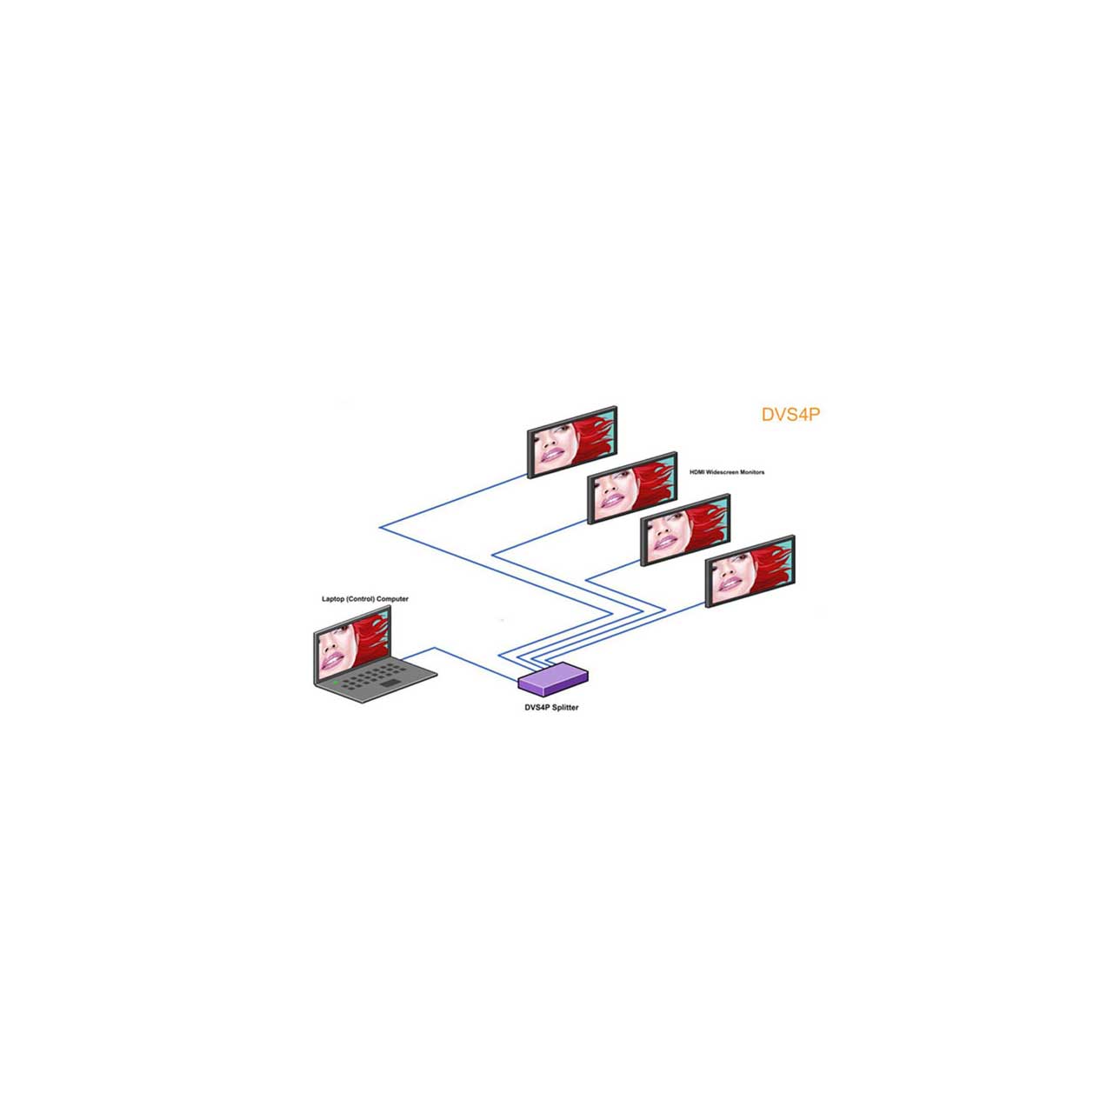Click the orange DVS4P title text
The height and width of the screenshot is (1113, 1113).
pyautogui.click(x=790, y=415)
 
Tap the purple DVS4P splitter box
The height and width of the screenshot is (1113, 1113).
pyautogui.click(x=553, y=679)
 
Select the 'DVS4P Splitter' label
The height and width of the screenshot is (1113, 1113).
pyautogui.click(x=551, y=708)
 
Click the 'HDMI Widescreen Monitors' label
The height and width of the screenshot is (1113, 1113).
pyautogui.click(x=727, y=472)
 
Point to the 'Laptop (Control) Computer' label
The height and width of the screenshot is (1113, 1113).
pyautogui.click(x=365, y=599)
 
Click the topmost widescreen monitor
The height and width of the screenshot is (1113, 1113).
pyautogui.click(x=572, y=443)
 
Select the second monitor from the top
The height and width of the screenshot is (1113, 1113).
pyautogui.click(x=632, y=488)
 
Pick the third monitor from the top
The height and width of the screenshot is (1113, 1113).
pyautogui.click(x=685, y=530)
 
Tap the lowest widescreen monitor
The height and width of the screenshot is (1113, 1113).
pyautogui.click(x=750, y=571)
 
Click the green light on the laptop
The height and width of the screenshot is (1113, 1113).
pyautogui.click(x=335, y=683)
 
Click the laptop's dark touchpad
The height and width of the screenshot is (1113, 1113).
pyautogui.click(x=390, y=683)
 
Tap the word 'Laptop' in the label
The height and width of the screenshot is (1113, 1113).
pyautogui.click(x=333, y=599)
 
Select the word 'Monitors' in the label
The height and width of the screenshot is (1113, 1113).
pyautogui.click(x=752, y=472)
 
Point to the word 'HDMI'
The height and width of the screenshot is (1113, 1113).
pyautogui.click(x=696, y=472)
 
